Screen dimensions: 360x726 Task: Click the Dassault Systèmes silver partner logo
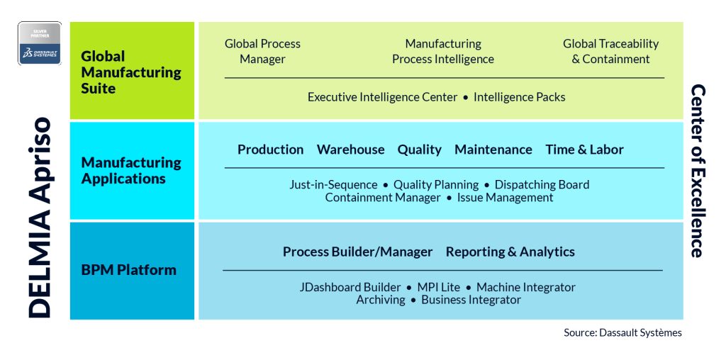click(x=40, y=44)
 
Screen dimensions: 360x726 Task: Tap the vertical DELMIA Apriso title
click(x=40, y=216)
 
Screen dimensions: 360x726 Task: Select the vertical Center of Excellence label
click(x=697, y=171)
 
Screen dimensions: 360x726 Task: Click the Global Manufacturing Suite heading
click(x=131, y=72)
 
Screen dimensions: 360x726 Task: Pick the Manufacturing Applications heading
click(x=131, y=170)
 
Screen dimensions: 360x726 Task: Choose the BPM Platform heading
click(x=128, y=270)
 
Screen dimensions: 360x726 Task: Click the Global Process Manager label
click(x=262, y=52)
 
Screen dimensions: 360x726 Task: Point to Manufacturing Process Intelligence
click(x=443, y=52)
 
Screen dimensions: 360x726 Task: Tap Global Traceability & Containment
click(x=610, y=52)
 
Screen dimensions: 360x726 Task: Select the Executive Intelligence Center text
click(x=382, y=97)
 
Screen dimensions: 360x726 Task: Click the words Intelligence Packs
click(x=519, y=97)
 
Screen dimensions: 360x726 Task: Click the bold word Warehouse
click(x=350, y=150)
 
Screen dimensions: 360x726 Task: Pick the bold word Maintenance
click(x=493, y=150)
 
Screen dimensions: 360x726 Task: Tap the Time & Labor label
click(x=584, y=150)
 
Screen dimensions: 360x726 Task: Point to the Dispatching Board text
click(x=542, y=185)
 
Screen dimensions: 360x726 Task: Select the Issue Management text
click(x=505, y=198)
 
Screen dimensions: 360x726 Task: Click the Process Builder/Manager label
click(x=357, y=252)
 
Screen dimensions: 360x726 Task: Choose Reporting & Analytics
click(x=510, y=252)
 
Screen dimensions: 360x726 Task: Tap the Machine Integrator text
click(x=525, y=287)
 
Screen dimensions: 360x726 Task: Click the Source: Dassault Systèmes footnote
click(x=622, y=332)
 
